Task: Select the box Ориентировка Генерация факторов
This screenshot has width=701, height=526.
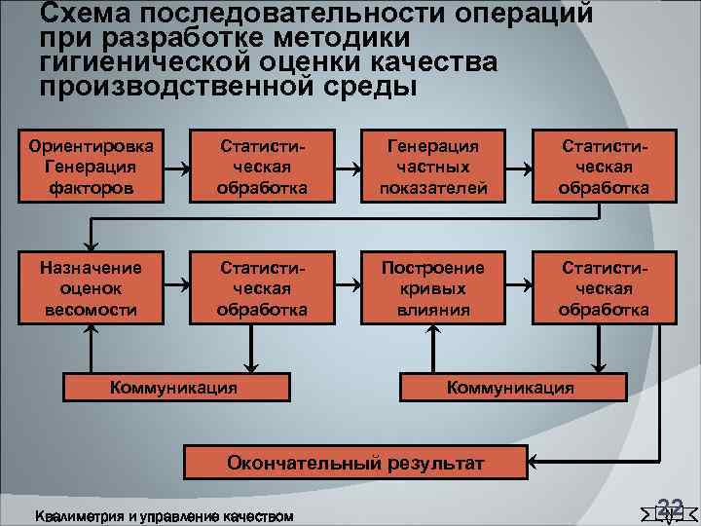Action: click(92, 166)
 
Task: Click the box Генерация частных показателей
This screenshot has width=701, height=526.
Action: click(433, 166)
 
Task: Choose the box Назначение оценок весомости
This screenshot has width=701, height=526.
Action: click(92, 288)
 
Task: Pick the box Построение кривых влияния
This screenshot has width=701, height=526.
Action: click(433, 288)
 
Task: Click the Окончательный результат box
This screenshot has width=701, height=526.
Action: click(354, 464)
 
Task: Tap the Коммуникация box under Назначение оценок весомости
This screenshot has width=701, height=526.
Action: click(174, 387)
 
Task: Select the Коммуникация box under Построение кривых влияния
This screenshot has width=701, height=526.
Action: click(510, 387)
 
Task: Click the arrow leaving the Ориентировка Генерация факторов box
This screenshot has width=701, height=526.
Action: click(178, 167)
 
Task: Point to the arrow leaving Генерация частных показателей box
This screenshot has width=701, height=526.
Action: click(520, 167)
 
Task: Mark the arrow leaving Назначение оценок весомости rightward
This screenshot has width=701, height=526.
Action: click(178, 286)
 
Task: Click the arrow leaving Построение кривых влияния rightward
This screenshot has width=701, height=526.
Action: click(520, 286)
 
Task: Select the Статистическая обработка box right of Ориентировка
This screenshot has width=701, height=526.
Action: click(263, 166)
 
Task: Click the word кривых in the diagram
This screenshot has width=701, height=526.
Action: click(433, 288)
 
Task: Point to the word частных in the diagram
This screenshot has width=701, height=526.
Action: click(433, 166)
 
